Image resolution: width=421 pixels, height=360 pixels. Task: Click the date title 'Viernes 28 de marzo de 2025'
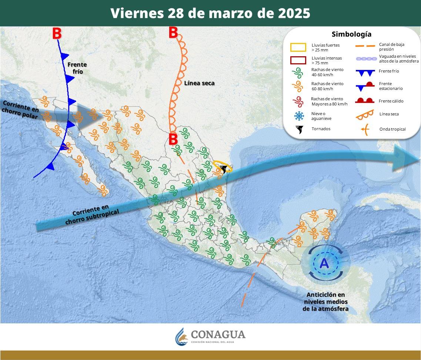210,13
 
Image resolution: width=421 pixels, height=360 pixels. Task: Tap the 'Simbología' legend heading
351,34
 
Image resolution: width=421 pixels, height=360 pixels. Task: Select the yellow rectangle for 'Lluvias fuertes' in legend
298,47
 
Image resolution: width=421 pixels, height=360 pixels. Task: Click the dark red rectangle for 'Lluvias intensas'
298,60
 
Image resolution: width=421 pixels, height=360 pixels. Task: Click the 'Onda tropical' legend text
392,129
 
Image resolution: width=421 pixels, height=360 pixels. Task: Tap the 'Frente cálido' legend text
391,101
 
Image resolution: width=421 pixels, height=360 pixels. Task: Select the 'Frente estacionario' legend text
391,86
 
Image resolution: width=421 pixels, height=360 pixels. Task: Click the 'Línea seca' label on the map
199,83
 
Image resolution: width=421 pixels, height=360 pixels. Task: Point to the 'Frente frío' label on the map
77,68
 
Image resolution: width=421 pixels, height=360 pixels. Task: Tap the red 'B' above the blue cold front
57,34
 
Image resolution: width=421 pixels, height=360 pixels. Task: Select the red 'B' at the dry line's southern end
173,139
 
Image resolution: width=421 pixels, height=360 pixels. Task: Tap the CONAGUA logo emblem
181,336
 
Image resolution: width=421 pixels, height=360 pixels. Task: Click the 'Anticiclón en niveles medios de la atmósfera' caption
325,302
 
